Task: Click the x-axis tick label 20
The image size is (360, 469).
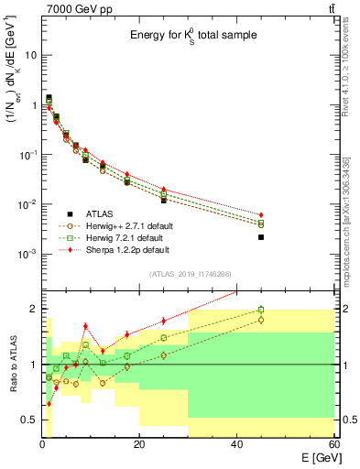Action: [138, 444]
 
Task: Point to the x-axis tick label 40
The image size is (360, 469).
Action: [236, 444]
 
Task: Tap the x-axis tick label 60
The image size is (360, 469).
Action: [333, 444]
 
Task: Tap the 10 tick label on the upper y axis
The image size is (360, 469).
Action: [30, 55]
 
